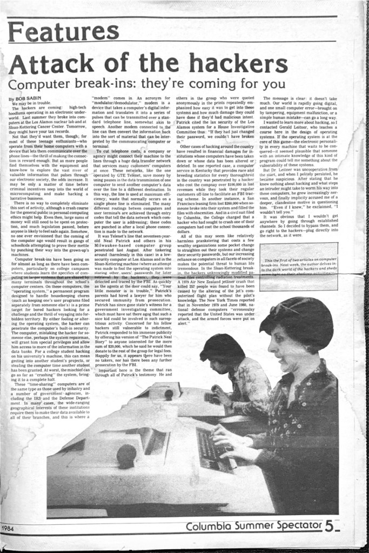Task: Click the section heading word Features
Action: coord(63,31)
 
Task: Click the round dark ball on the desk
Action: coord(126,455)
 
